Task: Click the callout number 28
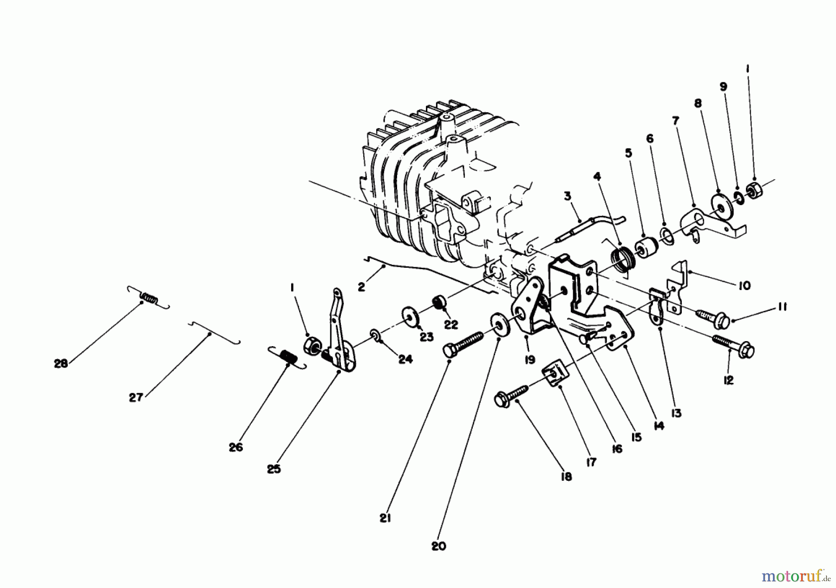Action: (61, 364)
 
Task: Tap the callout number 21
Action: (385, 518)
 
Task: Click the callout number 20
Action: (438, 546)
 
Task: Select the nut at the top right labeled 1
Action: (753, 189)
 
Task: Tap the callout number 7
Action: (675, 121)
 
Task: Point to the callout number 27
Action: (136, 398)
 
